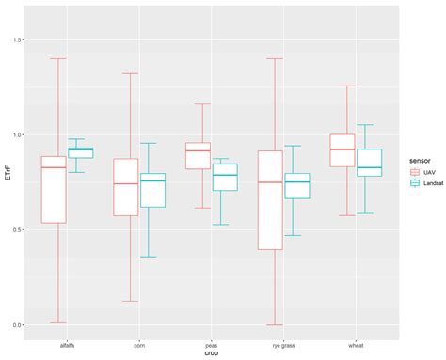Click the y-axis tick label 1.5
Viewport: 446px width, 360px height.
(x=16, y=40)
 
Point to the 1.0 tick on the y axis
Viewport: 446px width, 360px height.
(x=16, y=135)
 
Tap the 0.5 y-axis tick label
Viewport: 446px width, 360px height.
(x=16, y=230)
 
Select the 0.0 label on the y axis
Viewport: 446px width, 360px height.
(x=16, y=325)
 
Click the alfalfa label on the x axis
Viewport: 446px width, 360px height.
(x=67, y=346)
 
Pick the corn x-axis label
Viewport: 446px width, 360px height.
(x=139, y=346)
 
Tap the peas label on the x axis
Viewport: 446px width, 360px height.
(x=212, y=346)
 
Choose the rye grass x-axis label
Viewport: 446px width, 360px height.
(x=283, y=346)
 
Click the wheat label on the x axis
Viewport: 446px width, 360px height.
(x=356, y=346)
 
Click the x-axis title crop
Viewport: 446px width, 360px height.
(x=212, y=353)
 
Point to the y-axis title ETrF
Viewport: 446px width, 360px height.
(x=8, y=174)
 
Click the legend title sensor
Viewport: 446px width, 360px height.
(x=420, y=161)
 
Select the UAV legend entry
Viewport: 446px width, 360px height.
(x=423, y=172)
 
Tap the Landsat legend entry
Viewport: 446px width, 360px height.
(x=427, y=183)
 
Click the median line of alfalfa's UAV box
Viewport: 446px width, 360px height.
(x=54, y=167)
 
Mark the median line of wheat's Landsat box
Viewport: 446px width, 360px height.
(x=370, y=167)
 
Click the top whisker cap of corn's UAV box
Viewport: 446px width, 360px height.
(x=130, y=73)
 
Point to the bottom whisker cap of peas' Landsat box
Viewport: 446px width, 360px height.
(x=220, y=225)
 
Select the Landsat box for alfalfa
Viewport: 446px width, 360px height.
(x=81, y=153)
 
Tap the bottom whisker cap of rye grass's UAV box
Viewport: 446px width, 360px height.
(x=275, y=325)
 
